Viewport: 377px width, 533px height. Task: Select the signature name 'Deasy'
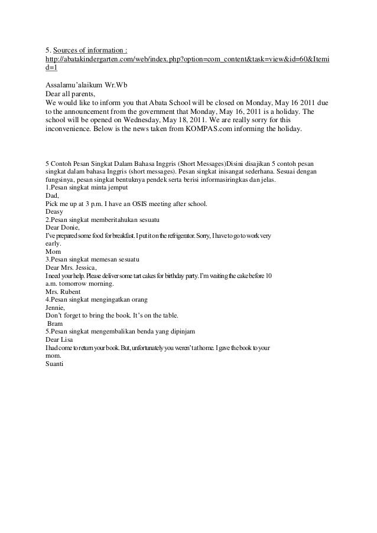54,211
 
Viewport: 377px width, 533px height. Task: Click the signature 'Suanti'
55,364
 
